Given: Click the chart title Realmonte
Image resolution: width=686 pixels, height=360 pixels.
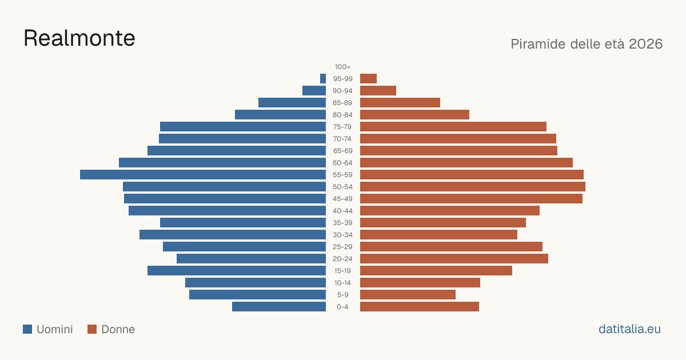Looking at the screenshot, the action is [x=79, y=38].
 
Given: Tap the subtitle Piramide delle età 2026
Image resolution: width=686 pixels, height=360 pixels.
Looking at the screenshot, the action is [x=587, y=44].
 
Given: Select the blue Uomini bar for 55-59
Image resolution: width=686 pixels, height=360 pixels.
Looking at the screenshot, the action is [x=203, y=175].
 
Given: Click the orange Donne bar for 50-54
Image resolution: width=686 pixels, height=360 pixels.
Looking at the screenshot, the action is [x=473, y=187].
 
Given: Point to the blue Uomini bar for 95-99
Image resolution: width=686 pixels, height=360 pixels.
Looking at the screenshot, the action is [x=323, y=79].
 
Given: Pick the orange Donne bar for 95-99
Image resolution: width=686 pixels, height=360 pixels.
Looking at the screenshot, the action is [x=368, y=79].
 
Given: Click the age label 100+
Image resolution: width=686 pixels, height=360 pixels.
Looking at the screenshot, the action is [x=342, y=67].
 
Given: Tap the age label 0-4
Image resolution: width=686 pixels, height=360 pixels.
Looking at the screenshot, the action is [x=342, y=307].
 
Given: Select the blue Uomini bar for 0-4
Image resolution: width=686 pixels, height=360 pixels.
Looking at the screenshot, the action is [x=279, y=307].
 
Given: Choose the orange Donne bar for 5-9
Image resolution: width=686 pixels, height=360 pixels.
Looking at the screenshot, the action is [x=408, y=295].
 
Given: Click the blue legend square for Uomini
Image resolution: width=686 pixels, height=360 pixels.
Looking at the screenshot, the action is [x=27, y=329].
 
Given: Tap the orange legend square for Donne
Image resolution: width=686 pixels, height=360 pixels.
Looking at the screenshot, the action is [x=92, y=329].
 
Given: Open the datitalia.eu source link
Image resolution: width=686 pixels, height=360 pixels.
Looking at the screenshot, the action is [x=629, y=329].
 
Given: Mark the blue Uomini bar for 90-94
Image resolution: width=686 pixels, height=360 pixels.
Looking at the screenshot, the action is [x=314, y=91].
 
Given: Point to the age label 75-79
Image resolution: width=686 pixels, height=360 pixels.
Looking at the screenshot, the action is [x=342, y=127].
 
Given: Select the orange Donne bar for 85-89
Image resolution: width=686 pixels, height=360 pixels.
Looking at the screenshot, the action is [x=400, y=102].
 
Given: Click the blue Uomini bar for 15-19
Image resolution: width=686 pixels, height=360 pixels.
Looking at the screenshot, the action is [x=237, y=271].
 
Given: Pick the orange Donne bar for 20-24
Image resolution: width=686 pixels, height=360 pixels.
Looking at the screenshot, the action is [x=454, y=259].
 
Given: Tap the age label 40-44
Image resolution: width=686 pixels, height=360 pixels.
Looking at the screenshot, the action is [x=342, y=211].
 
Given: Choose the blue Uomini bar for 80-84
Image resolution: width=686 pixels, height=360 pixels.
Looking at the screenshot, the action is [x=281, y=114].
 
